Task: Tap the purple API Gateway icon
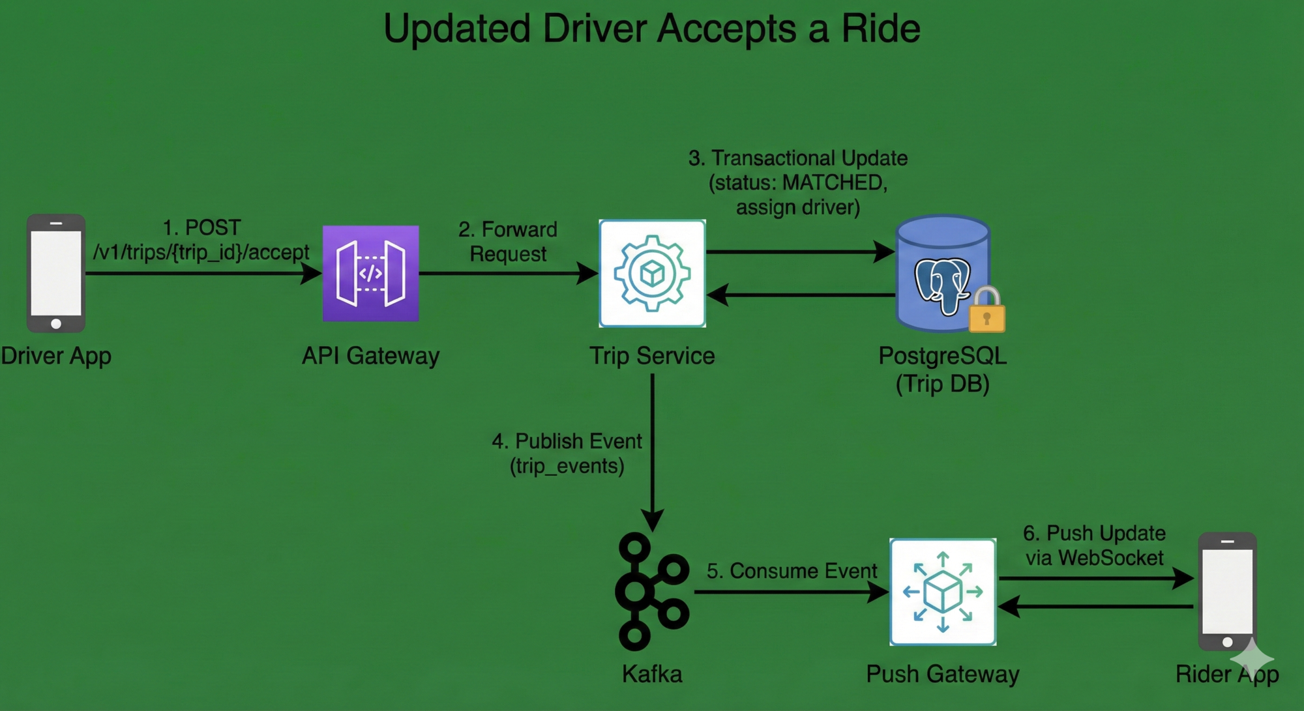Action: point(370,273)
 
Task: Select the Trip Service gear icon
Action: point(652,273)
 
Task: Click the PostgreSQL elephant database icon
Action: point(941,274)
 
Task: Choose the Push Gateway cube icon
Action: point(943,592)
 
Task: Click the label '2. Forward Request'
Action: point(508,241)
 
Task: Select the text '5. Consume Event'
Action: point(792,571)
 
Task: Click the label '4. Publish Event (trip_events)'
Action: point(567,454)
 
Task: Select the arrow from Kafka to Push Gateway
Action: point(789,592)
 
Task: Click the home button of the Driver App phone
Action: point(56,323)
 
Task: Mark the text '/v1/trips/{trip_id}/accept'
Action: point(201,252)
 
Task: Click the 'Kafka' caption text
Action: point(652,674)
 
